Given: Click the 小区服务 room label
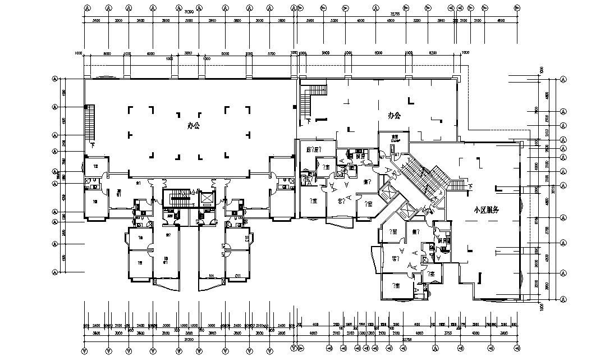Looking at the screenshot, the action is [x=486, y=209].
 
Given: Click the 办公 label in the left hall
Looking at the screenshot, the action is [x=193, y=126].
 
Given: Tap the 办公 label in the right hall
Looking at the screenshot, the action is [x=395, y=116].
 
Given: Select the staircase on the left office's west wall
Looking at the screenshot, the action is [x=89, y=123].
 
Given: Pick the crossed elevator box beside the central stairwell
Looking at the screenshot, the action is [x=206, y=198].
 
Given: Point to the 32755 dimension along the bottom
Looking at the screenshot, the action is [x=405, y=339].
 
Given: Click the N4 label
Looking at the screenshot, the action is [x=212, y=275].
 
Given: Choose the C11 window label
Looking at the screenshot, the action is [x=237, y=275].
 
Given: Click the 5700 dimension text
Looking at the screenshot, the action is [x=272, y=54].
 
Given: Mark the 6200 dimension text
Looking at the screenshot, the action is [x=432, y=54].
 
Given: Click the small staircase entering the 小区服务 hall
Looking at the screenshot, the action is [x=459, y=185].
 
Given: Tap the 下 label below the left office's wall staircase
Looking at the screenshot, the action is [x=91, y=145].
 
